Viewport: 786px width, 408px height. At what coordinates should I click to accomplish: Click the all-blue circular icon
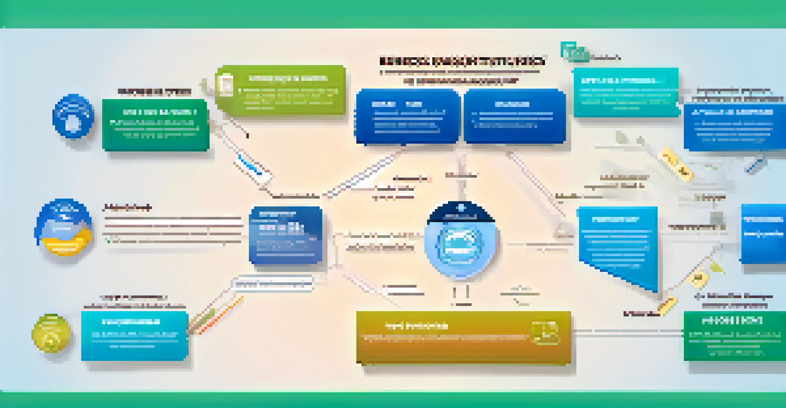coord(73,116)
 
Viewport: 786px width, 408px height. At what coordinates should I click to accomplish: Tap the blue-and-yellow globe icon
coord(65,226)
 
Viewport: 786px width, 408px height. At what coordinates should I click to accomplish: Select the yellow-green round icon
coord(51,333)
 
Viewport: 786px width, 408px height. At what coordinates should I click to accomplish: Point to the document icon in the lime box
coord(225,84)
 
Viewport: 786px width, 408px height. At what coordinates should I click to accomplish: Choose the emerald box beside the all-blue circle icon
coord(156,125)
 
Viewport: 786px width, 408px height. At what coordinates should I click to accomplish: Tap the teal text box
coord(626,93)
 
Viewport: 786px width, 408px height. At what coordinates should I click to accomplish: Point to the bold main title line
coord(462,61)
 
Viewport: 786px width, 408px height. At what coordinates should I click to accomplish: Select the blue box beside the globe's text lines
coord(286,235)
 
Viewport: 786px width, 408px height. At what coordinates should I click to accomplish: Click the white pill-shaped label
coord(272,284)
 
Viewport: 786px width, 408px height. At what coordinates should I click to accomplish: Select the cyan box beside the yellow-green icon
coord(135,335)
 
